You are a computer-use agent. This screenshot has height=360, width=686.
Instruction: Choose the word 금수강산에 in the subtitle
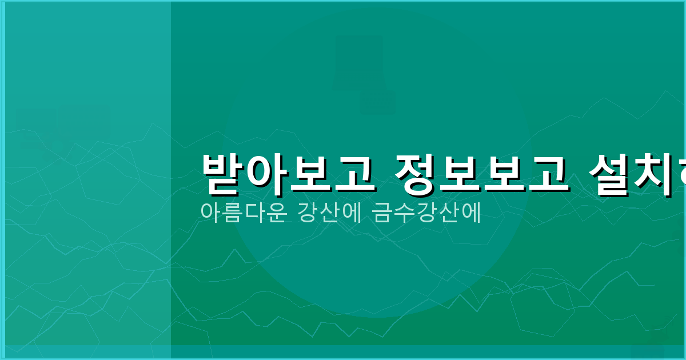[426, 212]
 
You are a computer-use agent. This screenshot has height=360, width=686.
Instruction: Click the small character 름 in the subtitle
[232, 212]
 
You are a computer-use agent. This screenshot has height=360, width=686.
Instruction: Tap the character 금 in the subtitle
[382, 212]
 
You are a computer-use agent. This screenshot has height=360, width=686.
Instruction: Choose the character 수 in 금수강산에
[404, 212]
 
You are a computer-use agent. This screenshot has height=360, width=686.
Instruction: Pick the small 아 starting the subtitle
[210, 212]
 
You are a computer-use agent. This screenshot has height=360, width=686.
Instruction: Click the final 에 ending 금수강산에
[470, 212]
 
